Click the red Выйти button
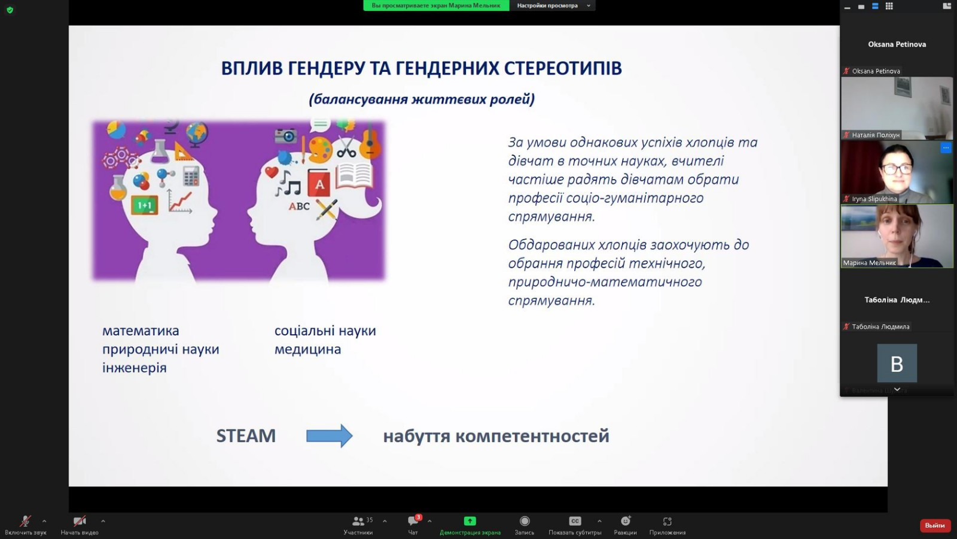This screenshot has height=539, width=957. (x=934, y=525)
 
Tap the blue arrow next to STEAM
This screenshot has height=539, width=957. (x=330, y=436)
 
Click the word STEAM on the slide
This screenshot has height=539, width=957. (x=246, y=436)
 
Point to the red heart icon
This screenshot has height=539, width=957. (x=272, y=172)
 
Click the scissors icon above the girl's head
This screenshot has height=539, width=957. (x=346, y=147)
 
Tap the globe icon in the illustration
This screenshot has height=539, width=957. (x=197, y=134)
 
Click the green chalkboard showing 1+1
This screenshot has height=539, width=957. (x=144, y=205)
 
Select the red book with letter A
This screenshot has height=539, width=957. (x=319, y=183)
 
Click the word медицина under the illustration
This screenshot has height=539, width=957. (x=307, y=349)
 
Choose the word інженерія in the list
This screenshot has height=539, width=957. (x=134, y=368)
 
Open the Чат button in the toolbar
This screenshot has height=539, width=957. (x=413, y=525)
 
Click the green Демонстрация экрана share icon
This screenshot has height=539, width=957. (x=470, y=521)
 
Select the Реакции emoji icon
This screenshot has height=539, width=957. (x=626, y=521)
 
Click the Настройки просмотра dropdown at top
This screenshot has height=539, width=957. (x=553, y=5)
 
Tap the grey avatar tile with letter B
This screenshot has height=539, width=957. (x=897, y=363)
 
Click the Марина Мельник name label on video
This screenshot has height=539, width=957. (x=870, y=263)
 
